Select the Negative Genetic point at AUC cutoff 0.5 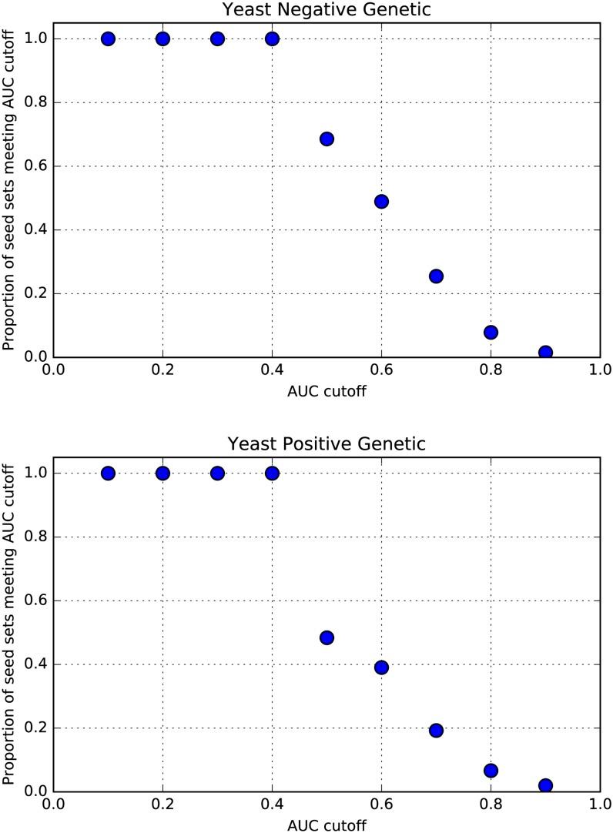[x=327, y=139]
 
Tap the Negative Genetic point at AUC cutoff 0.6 [x=381, y=201]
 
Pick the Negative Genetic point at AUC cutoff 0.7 [x=436, y=276]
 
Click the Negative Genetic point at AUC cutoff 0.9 [x=545, y=352]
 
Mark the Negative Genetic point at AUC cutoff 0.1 [x=108, y=38]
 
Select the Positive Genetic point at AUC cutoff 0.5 [x=327, y=637]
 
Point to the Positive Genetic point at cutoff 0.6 [x=381, y=667]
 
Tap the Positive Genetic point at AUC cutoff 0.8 [x=491, y=770]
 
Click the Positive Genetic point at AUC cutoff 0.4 [x=272, y=473]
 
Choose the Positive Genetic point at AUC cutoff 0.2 [x=162, y=473]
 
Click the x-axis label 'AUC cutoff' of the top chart [x=327, y=390]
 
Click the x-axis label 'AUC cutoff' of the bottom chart [x=327, y=825]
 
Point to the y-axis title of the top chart [x=9, y=198]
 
